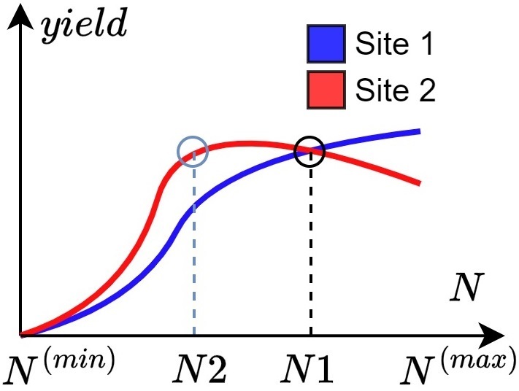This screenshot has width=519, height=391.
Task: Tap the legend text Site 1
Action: [395, 45]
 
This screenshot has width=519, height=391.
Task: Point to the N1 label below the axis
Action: [310, 370]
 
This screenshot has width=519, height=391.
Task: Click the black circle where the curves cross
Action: [311, 151]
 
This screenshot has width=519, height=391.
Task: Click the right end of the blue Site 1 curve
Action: [419, 131]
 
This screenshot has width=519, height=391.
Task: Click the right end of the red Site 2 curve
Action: [419, 182]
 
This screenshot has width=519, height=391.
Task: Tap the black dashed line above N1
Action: [311, 248]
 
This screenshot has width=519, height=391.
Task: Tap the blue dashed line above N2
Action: [193, 248]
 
